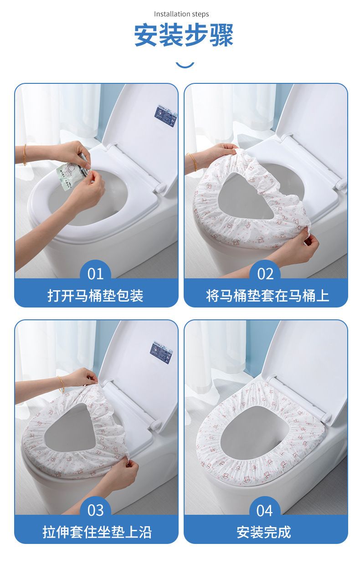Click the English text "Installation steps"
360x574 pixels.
click(x=181, y=14)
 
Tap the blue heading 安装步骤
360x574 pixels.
click(x=184, y=35)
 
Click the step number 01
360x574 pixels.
click(x=95, y=274)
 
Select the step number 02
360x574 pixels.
click(x=265, y=274)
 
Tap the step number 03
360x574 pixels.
click(x=95, y=510)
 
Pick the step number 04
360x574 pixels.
click(x=265, y=510)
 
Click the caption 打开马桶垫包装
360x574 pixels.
click(x=95, y=296)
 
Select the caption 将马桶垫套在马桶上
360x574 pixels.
click(x=267, y=296)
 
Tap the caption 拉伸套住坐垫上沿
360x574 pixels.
click(x=97, y=532)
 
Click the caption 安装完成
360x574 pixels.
click(x=264, y=532)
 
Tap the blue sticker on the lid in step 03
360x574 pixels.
click(x=161, y=351)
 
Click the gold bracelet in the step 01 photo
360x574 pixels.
click(x=25, y=155)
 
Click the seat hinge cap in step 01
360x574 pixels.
click(x=159, y=188)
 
